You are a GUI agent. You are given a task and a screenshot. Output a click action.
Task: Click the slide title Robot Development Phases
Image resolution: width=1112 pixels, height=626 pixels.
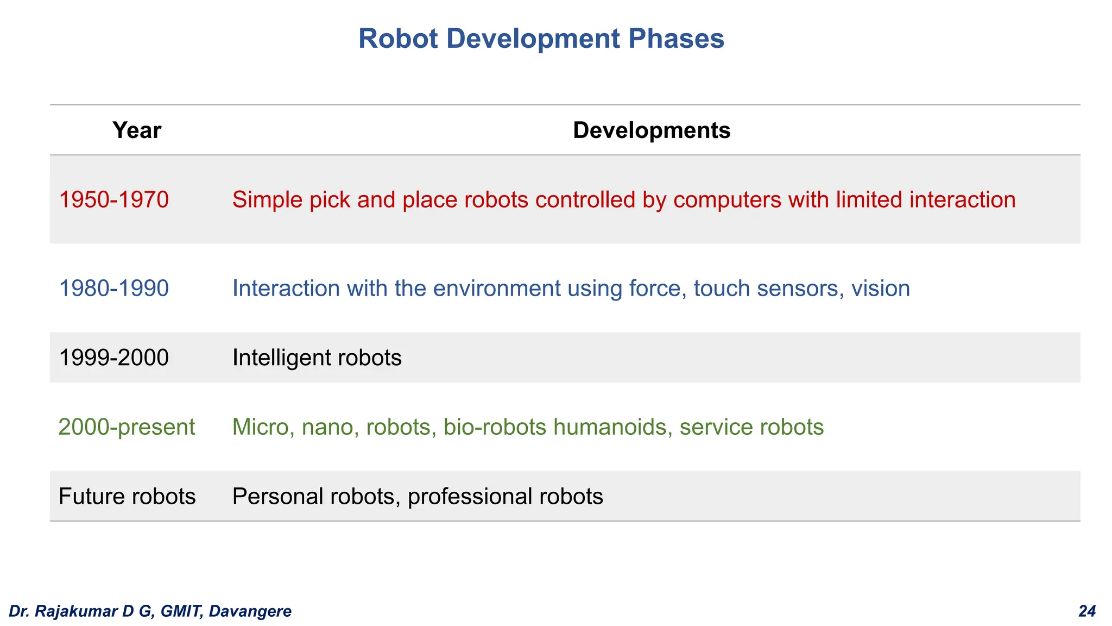(x=541, y=39)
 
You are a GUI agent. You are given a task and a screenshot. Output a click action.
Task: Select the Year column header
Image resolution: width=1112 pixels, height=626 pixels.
(x=137, y=130)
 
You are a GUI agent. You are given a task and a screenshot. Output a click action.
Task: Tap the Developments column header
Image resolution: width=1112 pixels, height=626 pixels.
(x=652, y=130)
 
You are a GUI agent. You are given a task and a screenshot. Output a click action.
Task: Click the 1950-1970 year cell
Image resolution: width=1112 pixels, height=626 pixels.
(x=113, y=200)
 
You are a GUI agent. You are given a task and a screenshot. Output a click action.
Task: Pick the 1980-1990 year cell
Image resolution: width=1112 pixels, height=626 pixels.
(x=113, y=289)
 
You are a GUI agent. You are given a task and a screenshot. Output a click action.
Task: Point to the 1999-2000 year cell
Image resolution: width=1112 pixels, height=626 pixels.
(x=113, y=358)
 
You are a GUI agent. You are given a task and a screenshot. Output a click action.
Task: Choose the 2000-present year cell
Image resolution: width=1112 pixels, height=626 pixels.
(x=127, y=427)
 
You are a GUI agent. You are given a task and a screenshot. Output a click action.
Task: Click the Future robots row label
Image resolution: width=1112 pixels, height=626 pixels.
(x=127, y=497)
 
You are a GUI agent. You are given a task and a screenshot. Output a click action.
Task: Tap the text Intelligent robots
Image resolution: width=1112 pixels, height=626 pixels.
(x=317, y=358)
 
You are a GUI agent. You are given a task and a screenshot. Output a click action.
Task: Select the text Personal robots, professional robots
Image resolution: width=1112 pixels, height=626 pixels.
(x=418, y=497)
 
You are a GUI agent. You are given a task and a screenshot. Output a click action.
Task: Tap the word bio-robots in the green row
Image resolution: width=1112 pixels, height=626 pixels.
(x=495, y=427)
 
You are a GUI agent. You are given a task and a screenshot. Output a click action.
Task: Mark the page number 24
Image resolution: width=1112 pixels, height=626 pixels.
(x=1087, y=611)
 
